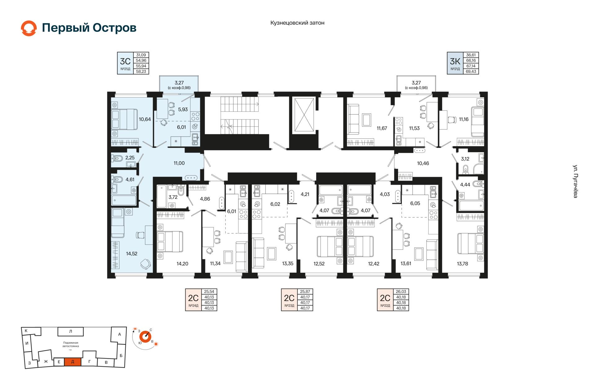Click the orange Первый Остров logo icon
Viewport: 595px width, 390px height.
click(29, 28)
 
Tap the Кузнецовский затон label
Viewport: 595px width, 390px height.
click(297, 23)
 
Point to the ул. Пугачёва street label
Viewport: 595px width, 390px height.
click(575, 181)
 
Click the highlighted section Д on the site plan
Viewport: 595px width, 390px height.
click(73, 362)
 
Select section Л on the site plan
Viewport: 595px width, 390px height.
click(71, 331)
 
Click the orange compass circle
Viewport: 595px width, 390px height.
click(145, 337)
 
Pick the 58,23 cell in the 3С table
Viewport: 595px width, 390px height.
click(141, 71)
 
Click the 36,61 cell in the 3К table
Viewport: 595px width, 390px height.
click(471, 55)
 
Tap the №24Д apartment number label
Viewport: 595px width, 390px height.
click(193, 306)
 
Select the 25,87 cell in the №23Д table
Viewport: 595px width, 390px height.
click(305, 292)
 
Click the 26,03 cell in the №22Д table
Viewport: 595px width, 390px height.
click(401, 292)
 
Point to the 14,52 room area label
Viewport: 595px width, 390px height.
click(132, 254)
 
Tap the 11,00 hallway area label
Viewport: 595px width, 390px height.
click(179, 163)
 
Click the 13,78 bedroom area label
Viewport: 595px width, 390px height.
click(462, 264)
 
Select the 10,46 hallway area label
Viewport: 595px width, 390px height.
click(423, 163)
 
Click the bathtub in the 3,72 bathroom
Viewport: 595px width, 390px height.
click(162, 196)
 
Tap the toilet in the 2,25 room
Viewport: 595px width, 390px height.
click(117, 159)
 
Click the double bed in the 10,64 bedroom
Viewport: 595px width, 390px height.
click(124, 119)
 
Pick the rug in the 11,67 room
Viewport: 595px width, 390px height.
click(367, 120)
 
